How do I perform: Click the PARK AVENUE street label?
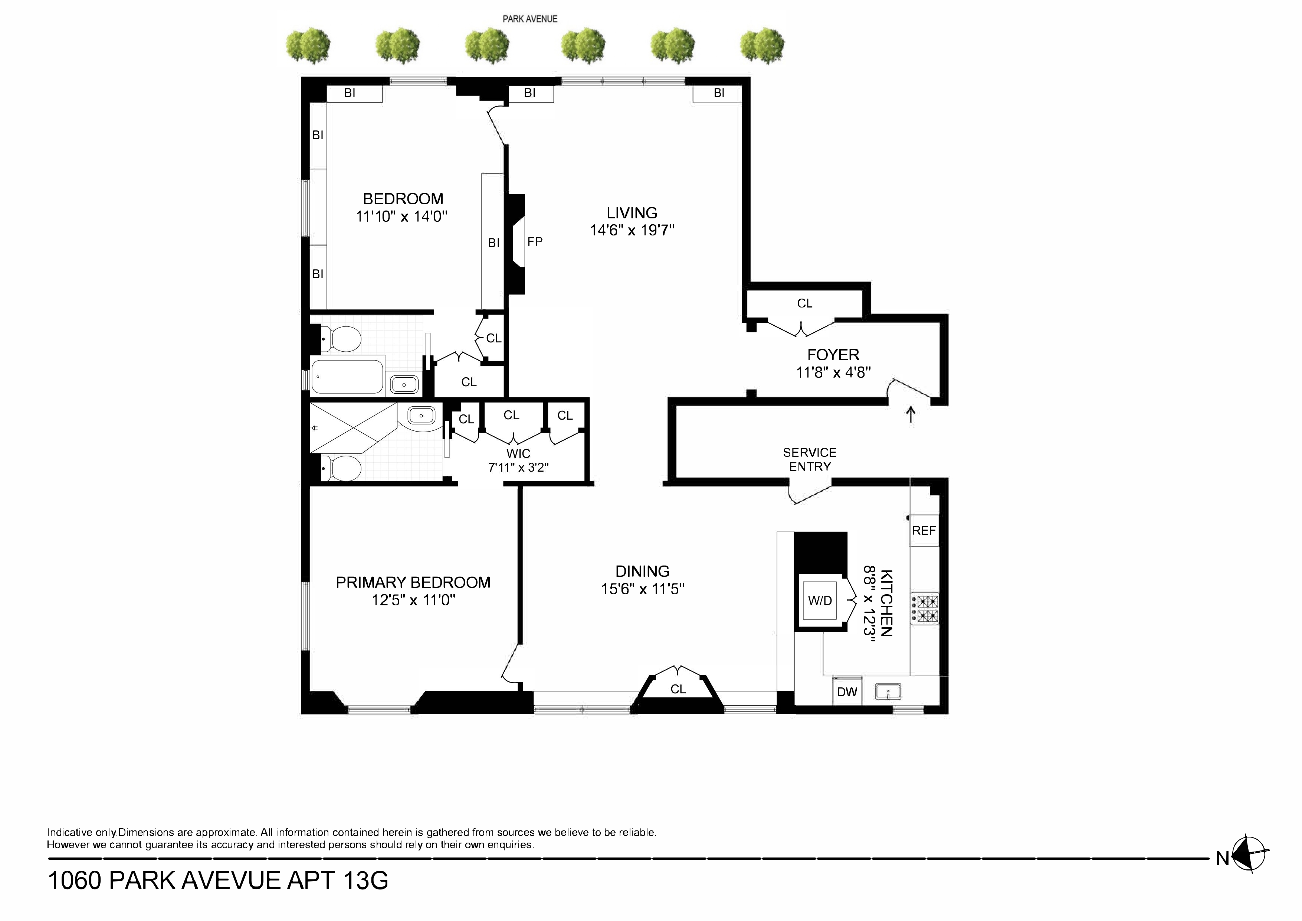click(x=529, y=19)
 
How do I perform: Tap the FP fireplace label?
click(x=535, y=242)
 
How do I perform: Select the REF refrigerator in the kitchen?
click(x=924, y=531)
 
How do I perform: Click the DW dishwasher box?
click(x=847, y=692)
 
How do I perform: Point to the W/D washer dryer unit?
click(x=820, y=601)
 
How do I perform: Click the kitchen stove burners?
click(x=924, y=609)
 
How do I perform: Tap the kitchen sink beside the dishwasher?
click(x=888, y=691)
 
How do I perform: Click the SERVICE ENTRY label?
click(x=810, y=460)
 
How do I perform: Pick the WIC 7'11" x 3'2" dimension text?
click(x=518, y=468)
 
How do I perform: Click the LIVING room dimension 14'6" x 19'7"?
click(x=632, y=230)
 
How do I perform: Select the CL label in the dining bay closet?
click(x=678, y=689)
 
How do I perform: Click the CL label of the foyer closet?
click(x=805, y=303)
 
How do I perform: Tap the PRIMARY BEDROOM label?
click(x=413, y=582)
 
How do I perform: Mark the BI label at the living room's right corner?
click(x=718, y=93)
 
